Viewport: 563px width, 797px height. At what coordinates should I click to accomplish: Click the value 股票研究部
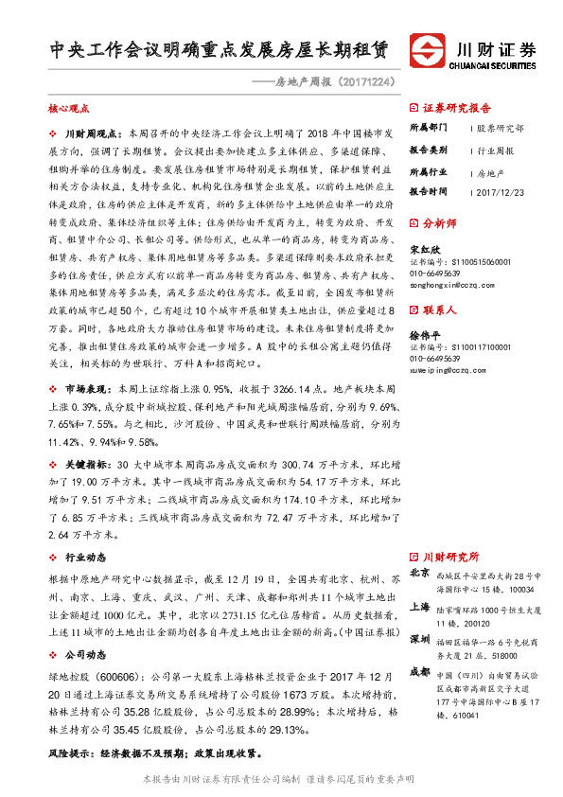pos(500,127)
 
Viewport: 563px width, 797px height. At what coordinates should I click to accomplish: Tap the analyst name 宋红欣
pos(423,250)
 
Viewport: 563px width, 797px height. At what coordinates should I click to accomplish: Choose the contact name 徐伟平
pos(423,335)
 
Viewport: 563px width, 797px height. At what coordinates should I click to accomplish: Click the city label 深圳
pos(419,641)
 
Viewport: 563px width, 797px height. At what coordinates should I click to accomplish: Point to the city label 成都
pos(419,672)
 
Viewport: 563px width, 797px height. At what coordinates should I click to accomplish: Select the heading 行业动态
pos(85,557)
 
